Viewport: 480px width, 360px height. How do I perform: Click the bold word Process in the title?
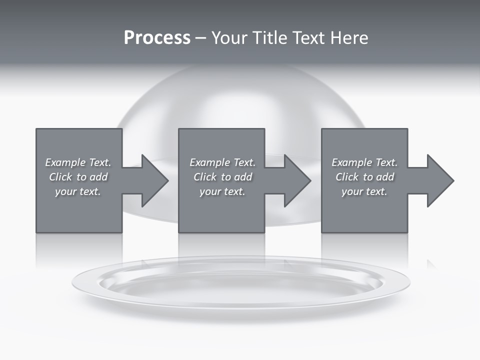157,38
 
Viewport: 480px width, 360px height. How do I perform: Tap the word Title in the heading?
269,38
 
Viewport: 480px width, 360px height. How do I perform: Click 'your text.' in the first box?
78,191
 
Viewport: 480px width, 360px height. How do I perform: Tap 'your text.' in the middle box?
222,191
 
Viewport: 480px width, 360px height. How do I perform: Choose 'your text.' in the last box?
364,191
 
